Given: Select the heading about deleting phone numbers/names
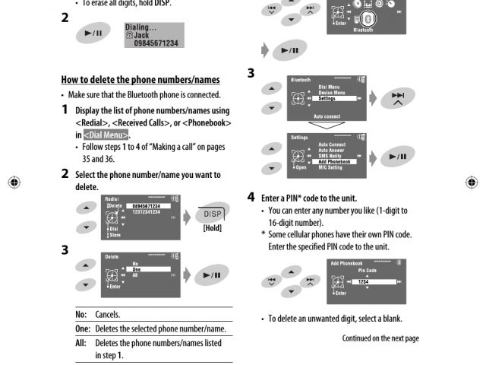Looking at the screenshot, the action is click(x=140, y=79).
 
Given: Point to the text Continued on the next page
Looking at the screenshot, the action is click(x=380, y=338).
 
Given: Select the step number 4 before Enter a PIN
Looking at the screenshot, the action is click(x=251, y=197).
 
